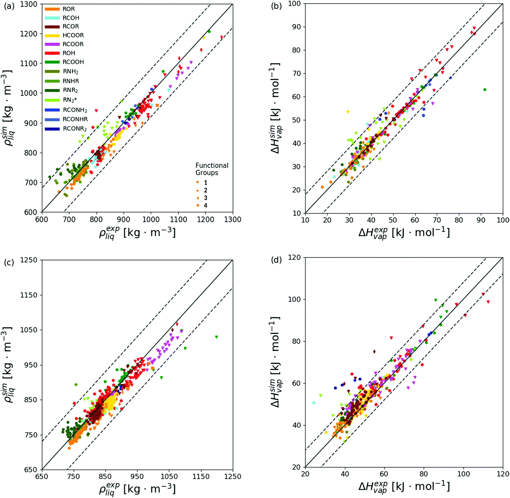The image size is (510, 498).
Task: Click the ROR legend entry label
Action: (68, 9)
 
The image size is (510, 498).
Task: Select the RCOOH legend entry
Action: (73, 62)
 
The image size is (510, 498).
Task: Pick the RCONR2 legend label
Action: (75, 129)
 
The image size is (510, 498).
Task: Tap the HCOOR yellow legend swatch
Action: (52, 35)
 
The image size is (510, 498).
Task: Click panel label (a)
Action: (9, 6)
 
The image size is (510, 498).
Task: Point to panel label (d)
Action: (276, 260)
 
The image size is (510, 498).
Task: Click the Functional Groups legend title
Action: (212, 169)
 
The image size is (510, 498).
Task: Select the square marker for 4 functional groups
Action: (197, 205)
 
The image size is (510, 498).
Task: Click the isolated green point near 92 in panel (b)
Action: (485, 90)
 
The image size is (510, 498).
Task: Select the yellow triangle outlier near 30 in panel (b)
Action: (348, 112)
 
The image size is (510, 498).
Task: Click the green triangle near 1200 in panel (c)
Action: (216, 337)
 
